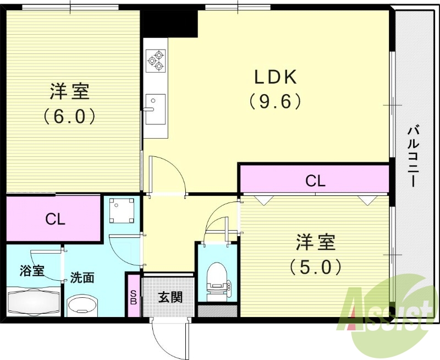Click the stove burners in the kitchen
pyautogui.click(x=156, y=60)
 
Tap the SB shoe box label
pyautogui.click(x=133, y=297)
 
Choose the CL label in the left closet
pyautogui.click(x=55, y=220)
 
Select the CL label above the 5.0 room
pyautogui.click(x=315, y=180)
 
